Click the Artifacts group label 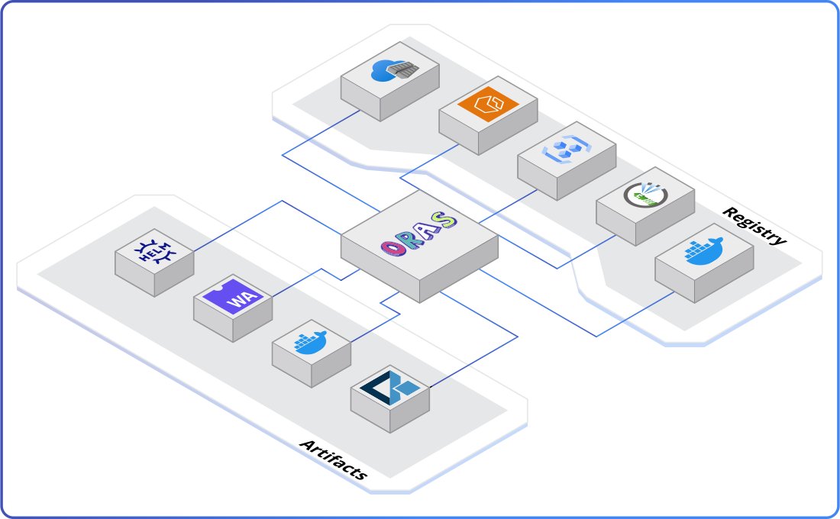coord(334,459)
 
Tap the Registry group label coord(754,226)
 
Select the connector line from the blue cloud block coord(321,134)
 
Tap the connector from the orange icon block coord(428,164)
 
